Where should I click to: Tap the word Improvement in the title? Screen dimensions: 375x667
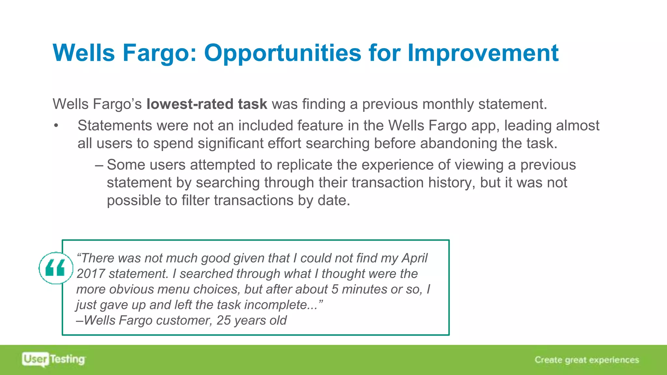pyautogui.click(x=483, y=53)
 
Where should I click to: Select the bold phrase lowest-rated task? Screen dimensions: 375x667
pyautogui.click(x=207, y=104)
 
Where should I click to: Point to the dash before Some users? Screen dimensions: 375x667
pyautogui.click(x=99, y=165)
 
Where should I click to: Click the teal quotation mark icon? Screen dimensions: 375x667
pyautogui.click(x=55, y=268)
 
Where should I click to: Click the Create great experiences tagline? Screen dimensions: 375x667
pyautogui.click(x=587, y=360)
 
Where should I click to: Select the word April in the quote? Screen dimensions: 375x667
pyautogui.click(x=414, y=258)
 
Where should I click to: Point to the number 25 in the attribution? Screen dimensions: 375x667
pyautogui.click(x=223, y=320)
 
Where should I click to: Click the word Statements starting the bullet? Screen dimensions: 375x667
pyautogui.click(x=115, y=126)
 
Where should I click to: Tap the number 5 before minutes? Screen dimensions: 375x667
pyautogui.click(x=335, y=289)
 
